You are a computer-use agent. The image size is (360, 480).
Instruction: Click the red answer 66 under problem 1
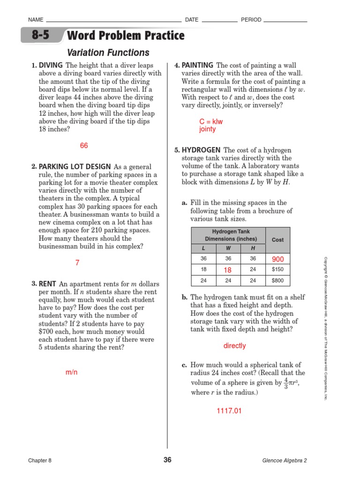[x=84, y=146]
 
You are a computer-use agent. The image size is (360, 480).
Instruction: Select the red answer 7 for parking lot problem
[x=77, y=263]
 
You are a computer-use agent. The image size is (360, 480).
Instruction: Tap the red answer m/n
[x=71, y=372]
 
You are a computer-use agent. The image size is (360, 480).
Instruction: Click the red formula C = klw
[x=211, y=121]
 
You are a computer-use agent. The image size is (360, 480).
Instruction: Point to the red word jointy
[x=208, y=129]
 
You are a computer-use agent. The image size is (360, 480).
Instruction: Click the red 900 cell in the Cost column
[x=277, y=259]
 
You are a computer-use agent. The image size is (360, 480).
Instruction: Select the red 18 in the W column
[x=228, y=270]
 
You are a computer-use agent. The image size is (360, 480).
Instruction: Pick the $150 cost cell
[x=277, y=270]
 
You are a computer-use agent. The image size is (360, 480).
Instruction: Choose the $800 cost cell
[x=277, y=281]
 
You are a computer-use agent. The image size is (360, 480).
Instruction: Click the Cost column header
[x=277, y=240]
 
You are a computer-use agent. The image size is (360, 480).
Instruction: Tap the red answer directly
[x=234, y=346]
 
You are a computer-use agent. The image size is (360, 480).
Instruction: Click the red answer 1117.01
[x=229, y=411]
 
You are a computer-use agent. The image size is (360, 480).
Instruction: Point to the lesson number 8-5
[x=40, y=36]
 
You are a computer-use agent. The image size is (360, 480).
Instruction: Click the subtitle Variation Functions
[x=108, y=53]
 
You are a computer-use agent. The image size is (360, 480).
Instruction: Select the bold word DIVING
[x=51, y=65]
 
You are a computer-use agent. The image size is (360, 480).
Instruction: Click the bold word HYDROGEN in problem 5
[x=201, y=150]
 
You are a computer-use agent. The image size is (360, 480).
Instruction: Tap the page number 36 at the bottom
[x=167, y=460]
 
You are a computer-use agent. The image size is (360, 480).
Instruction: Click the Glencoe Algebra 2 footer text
[x=285, y=460]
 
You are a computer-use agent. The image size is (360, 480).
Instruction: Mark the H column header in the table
[x=253, y=248]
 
